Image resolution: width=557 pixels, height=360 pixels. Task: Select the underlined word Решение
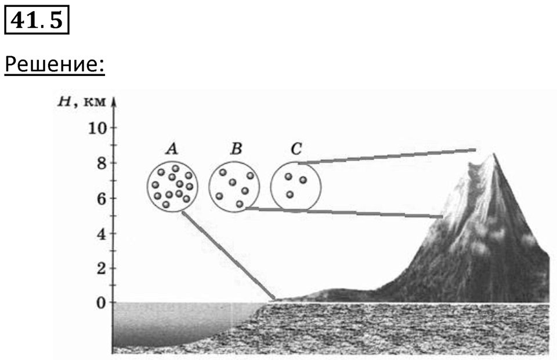pos(55,64)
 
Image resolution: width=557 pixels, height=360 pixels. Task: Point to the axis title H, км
pos(82,102)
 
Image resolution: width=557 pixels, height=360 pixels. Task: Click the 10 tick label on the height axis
pos(97,128)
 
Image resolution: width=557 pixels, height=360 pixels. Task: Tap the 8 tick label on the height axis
pos(102,163)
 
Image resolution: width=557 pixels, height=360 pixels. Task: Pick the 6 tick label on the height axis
pos(102,198)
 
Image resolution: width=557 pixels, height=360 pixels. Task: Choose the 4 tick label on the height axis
pos(102,234)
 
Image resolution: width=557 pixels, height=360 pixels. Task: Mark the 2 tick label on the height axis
pos(102,268)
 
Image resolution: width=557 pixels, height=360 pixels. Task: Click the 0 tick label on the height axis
pos(102,303)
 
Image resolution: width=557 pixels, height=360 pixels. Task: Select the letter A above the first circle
pos(172,149)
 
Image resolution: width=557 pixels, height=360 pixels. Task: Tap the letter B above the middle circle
pos(236,149)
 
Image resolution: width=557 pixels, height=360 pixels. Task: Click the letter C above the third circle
pos(296,149)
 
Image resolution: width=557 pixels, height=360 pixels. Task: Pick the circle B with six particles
pos(209,187)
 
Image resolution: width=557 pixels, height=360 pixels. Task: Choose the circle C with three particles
pos(271,187)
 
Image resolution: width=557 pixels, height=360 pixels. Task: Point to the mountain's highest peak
pos(493,154)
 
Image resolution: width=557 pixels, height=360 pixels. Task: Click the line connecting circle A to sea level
pos(229,256)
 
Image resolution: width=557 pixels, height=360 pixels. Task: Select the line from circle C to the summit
pos(386,156)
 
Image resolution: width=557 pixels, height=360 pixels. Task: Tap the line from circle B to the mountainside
pos(344,212)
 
